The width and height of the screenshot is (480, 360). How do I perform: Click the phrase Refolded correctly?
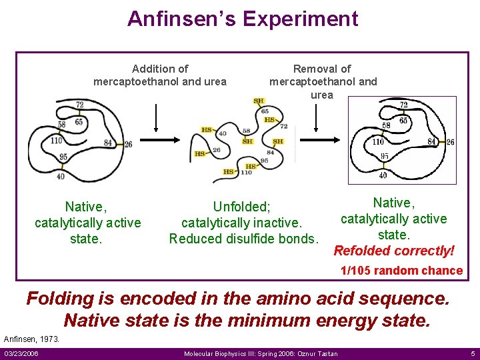394,251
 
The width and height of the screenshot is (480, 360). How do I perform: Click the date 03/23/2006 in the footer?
21,353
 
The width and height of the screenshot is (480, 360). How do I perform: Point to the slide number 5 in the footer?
472,353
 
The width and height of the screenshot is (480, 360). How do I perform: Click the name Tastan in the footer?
326,353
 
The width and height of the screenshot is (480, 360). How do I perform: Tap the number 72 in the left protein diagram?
80,105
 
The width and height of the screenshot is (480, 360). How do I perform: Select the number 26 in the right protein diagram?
450,142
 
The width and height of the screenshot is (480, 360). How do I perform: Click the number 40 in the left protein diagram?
61,177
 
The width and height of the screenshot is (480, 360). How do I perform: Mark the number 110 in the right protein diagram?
379,142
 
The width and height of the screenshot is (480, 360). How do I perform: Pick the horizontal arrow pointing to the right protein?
321,140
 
